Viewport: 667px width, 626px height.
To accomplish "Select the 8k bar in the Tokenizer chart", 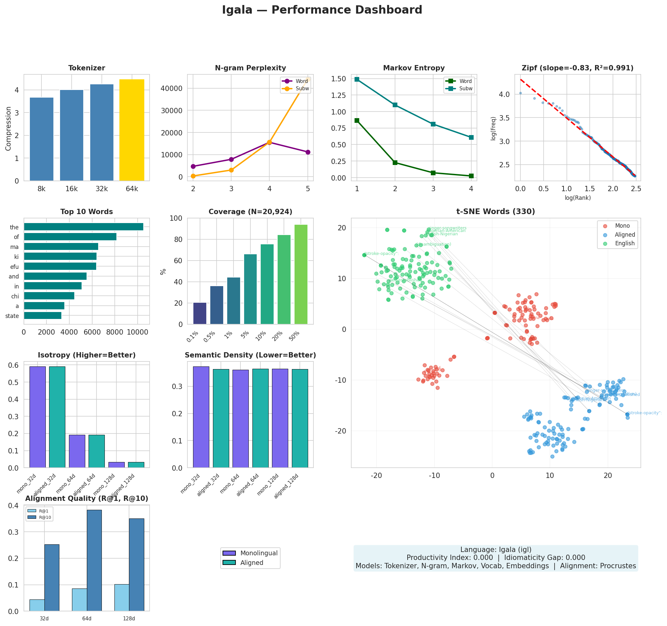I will tap(41, 139).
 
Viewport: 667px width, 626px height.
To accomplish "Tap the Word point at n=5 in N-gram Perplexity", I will tap(308, 152).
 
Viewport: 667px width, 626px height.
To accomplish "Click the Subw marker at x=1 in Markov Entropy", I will tap(357, 79).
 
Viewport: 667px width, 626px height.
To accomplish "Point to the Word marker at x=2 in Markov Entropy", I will tap(395, 163).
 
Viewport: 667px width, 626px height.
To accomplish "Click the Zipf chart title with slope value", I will tap(577, 68).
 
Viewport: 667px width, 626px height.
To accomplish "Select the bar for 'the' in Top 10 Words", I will tap(84, 227).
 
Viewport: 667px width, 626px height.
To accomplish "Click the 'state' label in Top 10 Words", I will tap(12, 316).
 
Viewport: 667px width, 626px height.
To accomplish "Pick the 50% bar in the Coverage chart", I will tap(301, 274).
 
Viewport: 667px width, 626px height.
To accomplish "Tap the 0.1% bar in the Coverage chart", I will tap(200, 313).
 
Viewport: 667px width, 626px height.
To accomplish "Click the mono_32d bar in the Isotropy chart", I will tap(37, 417).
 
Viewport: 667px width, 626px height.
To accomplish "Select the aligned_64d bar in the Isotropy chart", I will tap(97, 451).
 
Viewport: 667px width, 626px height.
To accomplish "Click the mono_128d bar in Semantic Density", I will tap(280, 418).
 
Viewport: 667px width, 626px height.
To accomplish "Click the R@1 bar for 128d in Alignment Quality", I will tap(122, 597).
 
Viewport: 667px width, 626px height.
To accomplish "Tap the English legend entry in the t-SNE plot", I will tap(625, 243).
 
